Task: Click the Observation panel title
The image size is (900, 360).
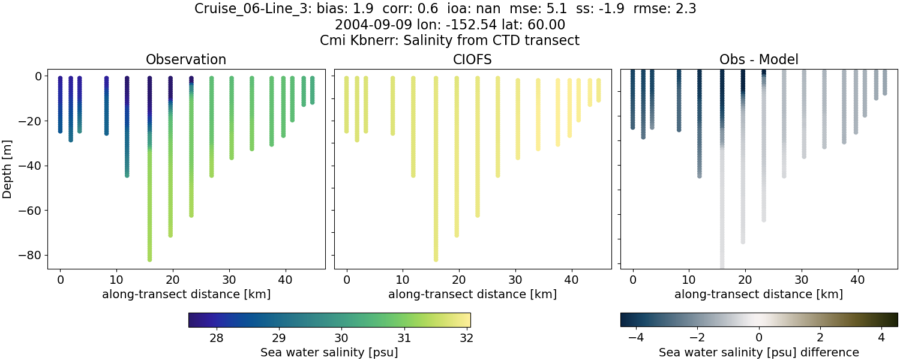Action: pos(186,59)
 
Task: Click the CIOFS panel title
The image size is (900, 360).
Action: pos(472,59)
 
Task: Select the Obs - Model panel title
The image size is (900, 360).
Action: pos(758,59)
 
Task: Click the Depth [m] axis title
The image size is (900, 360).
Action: pos(8,169)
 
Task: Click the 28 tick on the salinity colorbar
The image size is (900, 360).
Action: pos(217,338)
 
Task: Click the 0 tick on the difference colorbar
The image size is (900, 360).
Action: pos(759,338)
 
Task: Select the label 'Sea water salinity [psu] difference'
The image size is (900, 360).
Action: pos(758,352)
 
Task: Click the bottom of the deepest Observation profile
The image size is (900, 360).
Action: pos(149,259)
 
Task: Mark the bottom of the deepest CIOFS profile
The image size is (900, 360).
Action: pos(436,259)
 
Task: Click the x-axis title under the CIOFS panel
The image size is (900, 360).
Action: pos(472,295)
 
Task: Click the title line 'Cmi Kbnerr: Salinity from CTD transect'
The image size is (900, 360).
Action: pos(450,41)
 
